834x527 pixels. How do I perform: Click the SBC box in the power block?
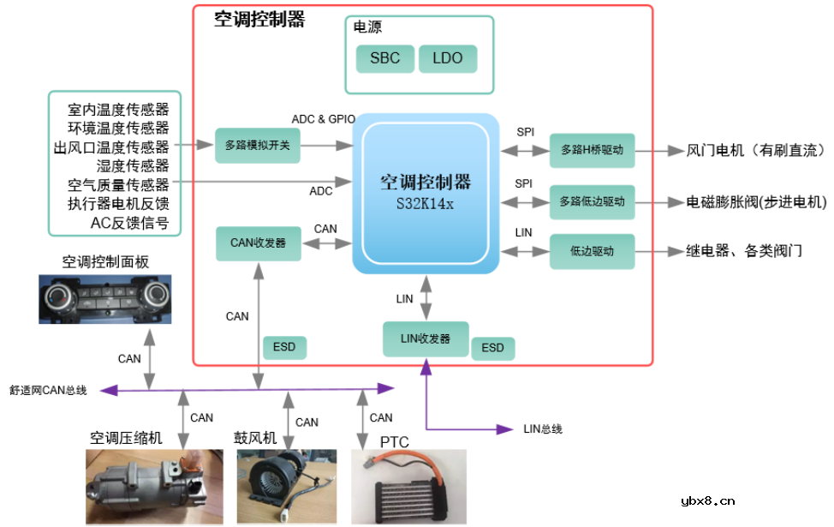coord(384,58)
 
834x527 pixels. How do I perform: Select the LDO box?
coord(447,58)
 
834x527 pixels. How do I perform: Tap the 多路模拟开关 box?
coord(258,146)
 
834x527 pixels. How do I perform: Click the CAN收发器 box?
coord(259,243)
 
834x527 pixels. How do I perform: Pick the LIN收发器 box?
coord(425,338)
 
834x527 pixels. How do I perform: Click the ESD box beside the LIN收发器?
coord(492,347)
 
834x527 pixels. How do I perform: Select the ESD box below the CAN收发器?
coord(283,347)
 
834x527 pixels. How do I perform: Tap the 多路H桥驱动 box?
coord(592,150)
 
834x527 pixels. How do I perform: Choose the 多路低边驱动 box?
coord(592,202)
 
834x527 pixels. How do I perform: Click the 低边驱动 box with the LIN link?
coord(592,252)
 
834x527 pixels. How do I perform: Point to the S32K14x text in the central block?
coord(426,205)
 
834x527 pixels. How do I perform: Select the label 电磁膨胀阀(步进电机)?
coord(756,202)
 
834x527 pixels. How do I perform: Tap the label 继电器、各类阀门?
coord(743,252)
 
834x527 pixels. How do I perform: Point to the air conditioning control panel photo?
coord(104,298)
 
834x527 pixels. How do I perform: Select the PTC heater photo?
coord(408,487)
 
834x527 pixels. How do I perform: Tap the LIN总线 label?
coord(543,428)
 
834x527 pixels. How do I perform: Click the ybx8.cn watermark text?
coord(706,501)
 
